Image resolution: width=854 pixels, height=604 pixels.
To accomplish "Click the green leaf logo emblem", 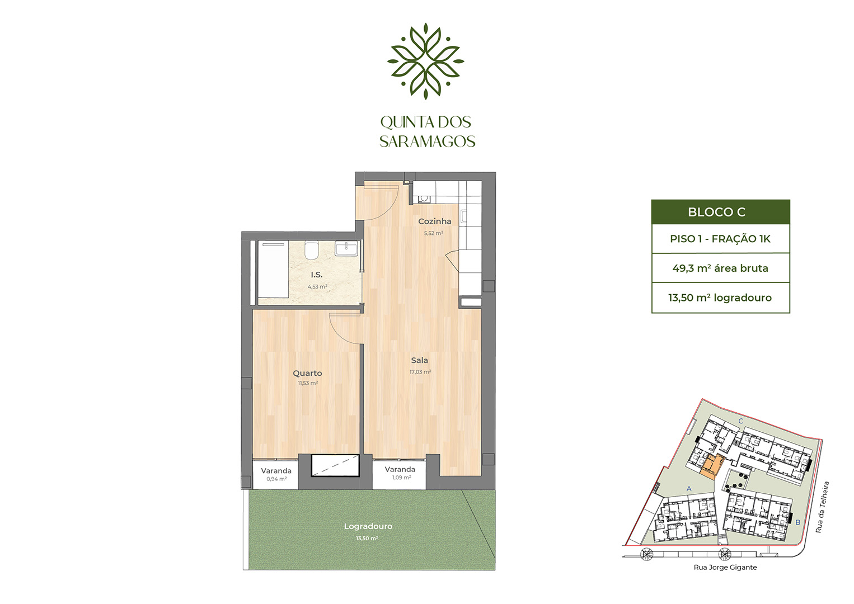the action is (425, 61).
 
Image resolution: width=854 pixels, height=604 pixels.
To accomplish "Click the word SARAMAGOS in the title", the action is (428, 141).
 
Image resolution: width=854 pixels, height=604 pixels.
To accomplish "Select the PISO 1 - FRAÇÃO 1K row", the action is (720, 239).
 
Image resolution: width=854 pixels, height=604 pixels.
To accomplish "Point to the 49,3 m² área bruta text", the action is (720, 268).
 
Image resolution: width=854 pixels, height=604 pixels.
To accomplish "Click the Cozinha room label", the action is (435, 221).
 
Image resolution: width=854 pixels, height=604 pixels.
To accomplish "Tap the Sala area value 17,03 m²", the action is (420, 372).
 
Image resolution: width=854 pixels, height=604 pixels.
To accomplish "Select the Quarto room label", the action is (307, 374).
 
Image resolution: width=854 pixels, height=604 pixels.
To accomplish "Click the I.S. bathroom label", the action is (316, 275).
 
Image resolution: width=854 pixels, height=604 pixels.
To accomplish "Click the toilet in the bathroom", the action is (312, 249).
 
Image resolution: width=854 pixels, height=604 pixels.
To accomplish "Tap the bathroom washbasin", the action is (346, 248).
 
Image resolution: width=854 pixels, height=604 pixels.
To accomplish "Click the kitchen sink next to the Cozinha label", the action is (424, 199).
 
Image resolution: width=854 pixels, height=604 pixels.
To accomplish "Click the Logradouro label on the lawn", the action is (368, 526).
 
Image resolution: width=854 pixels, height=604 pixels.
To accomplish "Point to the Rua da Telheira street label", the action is (822, 507).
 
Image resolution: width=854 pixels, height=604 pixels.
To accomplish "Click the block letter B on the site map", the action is (797, 523).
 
